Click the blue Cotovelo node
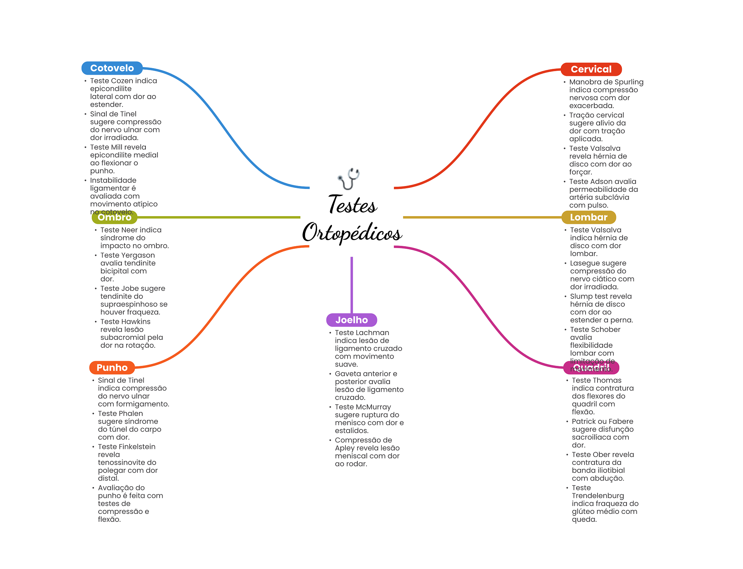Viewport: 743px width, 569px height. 112,68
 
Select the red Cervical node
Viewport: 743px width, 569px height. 591,69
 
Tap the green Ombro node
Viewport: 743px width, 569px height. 114,217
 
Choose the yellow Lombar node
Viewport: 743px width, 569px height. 588,217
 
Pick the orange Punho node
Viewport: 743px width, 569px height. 112,368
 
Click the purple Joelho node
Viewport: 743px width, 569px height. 352,320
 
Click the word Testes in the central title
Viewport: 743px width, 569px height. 353,205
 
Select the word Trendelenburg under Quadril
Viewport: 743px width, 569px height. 598,496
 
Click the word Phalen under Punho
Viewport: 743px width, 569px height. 131,414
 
